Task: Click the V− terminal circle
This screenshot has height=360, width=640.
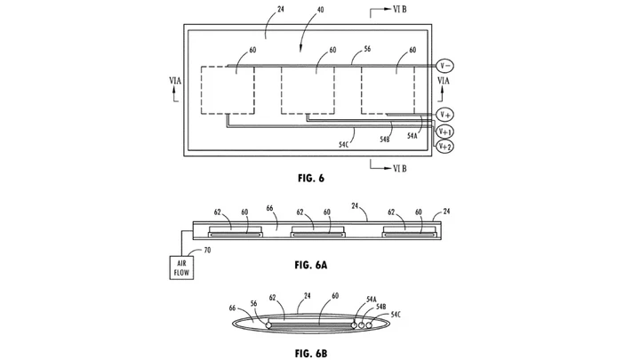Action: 445,65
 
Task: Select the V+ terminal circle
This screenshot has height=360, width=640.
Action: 445,115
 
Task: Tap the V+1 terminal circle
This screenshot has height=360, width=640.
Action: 445,132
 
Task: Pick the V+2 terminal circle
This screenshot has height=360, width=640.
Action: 445,147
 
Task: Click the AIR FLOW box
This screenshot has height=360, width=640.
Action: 181,268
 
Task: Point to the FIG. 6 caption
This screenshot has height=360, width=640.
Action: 311,179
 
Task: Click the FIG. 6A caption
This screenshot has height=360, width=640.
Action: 311,265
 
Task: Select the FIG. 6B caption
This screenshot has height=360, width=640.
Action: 311,354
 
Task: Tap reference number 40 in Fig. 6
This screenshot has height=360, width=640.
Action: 320,10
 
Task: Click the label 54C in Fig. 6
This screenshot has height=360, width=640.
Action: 344,144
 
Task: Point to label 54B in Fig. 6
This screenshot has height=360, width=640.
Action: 385,140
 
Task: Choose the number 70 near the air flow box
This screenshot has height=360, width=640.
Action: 207,250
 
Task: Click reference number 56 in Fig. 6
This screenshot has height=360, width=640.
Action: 367,49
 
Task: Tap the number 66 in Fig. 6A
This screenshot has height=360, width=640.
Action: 270,208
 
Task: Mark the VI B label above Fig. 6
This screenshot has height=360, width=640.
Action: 400,10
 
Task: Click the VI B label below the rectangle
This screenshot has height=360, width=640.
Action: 400,168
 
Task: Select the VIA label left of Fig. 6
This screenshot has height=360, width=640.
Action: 175,81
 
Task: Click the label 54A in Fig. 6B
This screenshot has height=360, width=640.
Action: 372,300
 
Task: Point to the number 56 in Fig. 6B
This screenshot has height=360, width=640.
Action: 254,303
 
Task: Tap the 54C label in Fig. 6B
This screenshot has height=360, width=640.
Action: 396,315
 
